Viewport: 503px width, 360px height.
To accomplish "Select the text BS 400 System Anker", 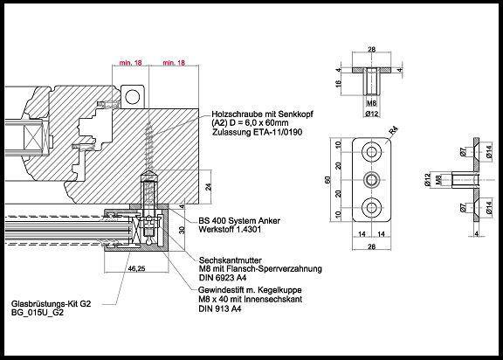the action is pos(239,221).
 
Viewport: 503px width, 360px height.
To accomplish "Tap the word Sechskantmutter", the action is pos(231,260).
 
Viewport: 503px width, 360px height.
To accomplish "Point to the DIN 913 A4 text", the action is pos(220,308).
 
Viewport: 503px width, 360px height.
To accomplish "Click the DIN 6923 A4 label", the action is pos(223,278).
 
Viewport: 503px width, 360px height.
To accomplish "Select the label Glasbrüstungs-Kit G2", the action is pos(51,303).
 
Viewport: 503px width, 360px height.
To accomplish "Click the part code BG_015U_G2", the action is pos(38,313).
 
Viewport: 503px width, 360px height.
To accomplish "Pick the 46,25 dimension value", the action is pos(136,268).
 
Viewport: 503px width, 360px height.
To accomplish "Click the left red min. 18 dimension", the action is pos(131,62).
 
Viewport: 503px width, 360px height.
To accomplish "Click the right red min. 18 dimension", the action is pos(174,62).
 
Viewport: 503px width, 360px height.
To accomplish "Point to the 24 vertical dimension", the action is pos(209,187).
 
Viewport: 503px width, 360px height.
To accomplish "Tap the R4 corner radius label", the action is pos(393,132).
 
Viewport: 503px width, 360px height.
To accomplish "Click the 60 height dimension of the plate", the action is pos(327,180).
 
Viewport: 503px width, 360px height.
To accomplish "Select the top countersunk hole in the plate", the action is pos(372,151).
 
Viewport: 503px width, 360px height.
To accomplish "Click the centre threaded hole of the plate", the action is pos(372,180).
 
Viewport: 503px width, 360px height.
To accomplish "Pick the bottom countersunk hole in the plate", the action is pos(372,208).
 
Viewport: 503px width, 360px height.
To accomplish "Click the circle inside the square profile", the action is pos(132,97).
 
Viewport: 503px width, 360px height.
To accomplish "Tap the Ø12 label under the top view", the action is pos(371,114).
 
